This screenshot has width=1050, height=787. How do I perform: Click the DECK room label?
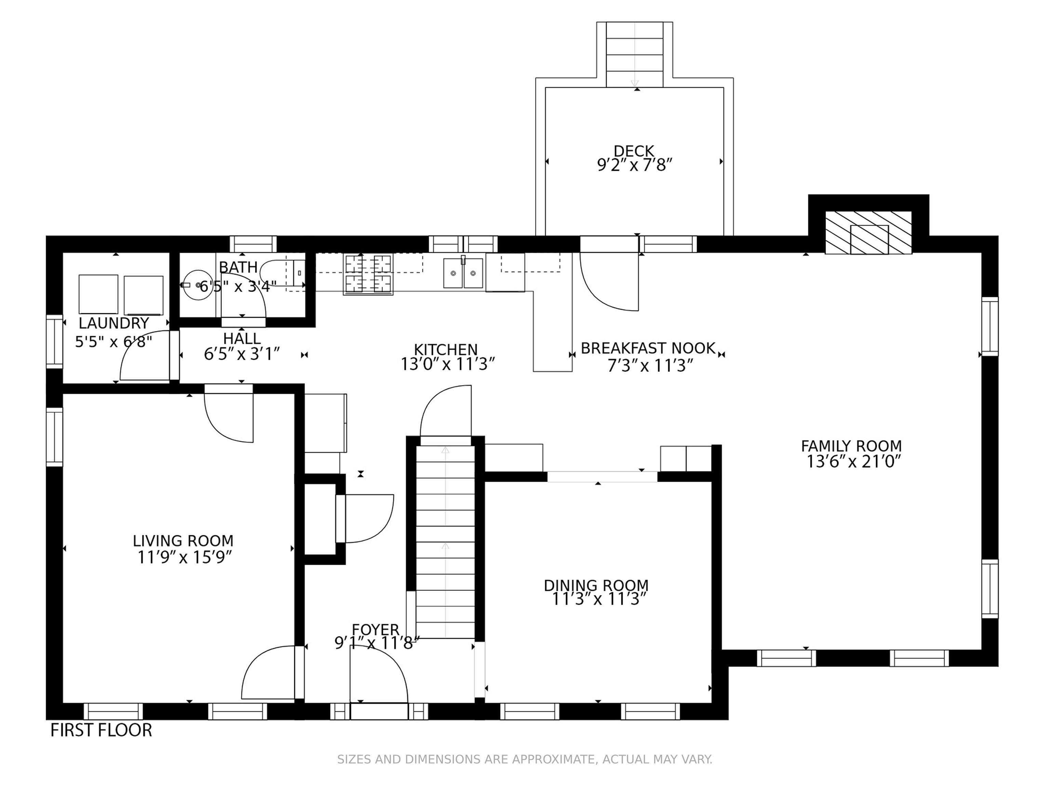[634, 151]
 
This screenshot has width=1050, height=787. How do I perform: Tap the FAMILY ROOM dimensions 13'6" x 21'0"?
[853, 461]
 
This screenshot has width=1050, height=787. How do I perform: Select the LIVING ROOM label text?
[183, 541]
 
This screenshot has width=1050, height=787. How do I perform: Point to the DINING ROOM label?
[596, 585]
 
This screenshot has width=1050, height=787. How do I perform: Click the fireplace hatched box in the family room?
[869, 233]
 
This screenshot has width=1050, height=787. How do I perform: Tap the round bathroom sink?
[198, 285]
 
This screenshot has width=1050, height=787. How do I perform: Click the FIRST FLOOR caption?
[101, 730]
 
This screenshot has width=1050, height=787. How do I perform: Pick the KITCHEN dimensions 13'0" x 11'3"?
[448, 364]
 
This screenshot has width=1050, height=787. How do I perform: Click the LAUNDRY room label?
[114, 323]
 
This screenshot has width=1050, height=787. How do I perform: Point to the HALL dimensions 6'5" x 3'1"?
[242, 354]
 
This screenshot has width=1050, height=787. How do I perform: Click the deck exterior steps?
[635, 55]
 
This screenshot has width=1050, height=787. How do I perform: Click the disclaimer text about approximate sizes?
[525, 759]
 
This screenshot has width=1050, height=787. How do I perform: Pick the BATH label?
[238, 267]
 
